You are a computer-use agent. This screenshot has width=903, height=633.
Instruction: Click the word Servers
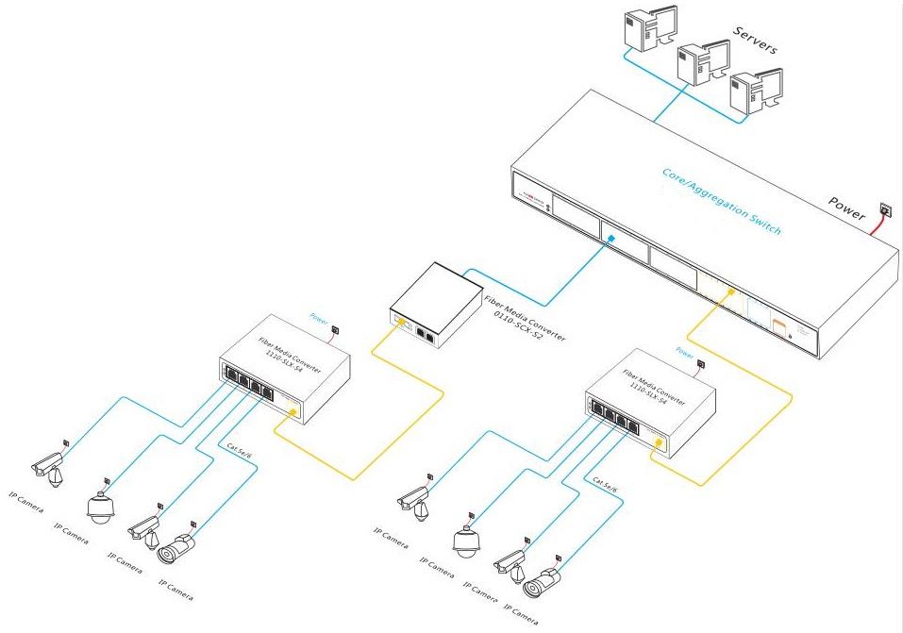point(755,42)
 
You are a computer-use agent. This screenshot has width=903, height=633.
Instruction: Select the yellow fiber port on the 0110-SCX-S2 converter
point(400,324)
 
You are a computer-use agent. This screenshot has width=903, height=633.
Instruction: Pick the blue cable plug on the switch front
point(611,239)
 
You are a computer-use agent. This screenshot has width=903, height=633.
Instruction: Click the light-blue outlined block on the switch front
point(760,308)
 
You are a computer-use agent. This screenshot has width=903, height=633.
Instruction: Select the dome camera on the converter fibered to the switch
point(465,541)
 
